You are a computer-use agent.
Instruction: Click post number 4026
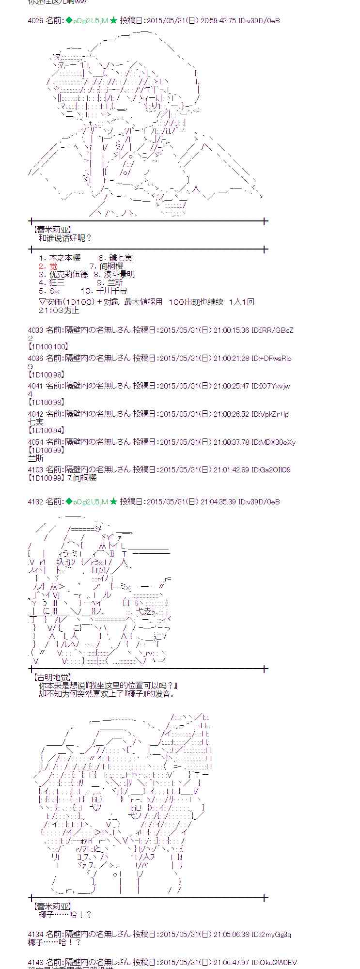point(35,21)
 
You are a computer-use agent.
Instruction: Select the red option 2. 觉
point(48,266)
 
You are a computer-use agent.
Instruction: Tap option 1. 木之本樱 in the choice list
point(60,258)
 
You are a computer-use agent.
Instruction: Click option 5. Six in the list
point(49,291)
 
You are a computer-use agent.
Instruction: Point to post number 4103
point(35,470)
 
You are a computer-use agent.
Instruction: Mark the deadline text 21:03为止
point(59,310)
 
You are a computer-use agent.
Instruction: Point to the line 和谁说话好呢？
point(65,238)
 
